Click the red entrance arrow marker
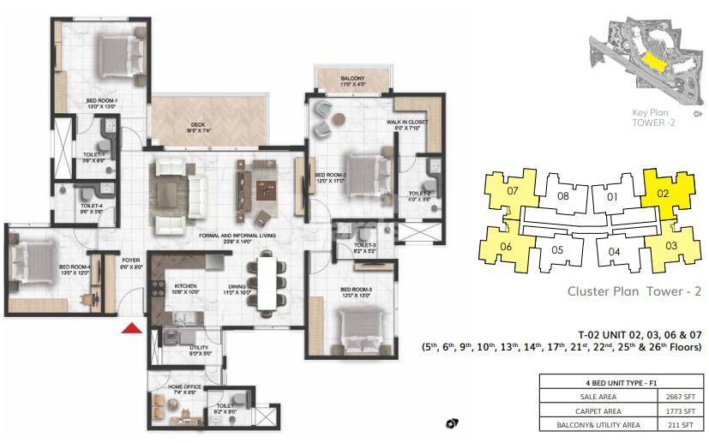[130, 327]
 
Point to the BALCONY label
[351, 79]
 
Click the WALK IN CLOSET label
[407, 123]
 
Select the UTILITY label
[199, 347]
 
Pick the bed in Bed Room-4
[31, 256]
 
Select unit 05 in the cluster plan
[556, 250]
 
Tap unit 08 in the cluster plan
[562, 195]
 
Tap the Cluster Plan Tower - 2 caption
[634, 291]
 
